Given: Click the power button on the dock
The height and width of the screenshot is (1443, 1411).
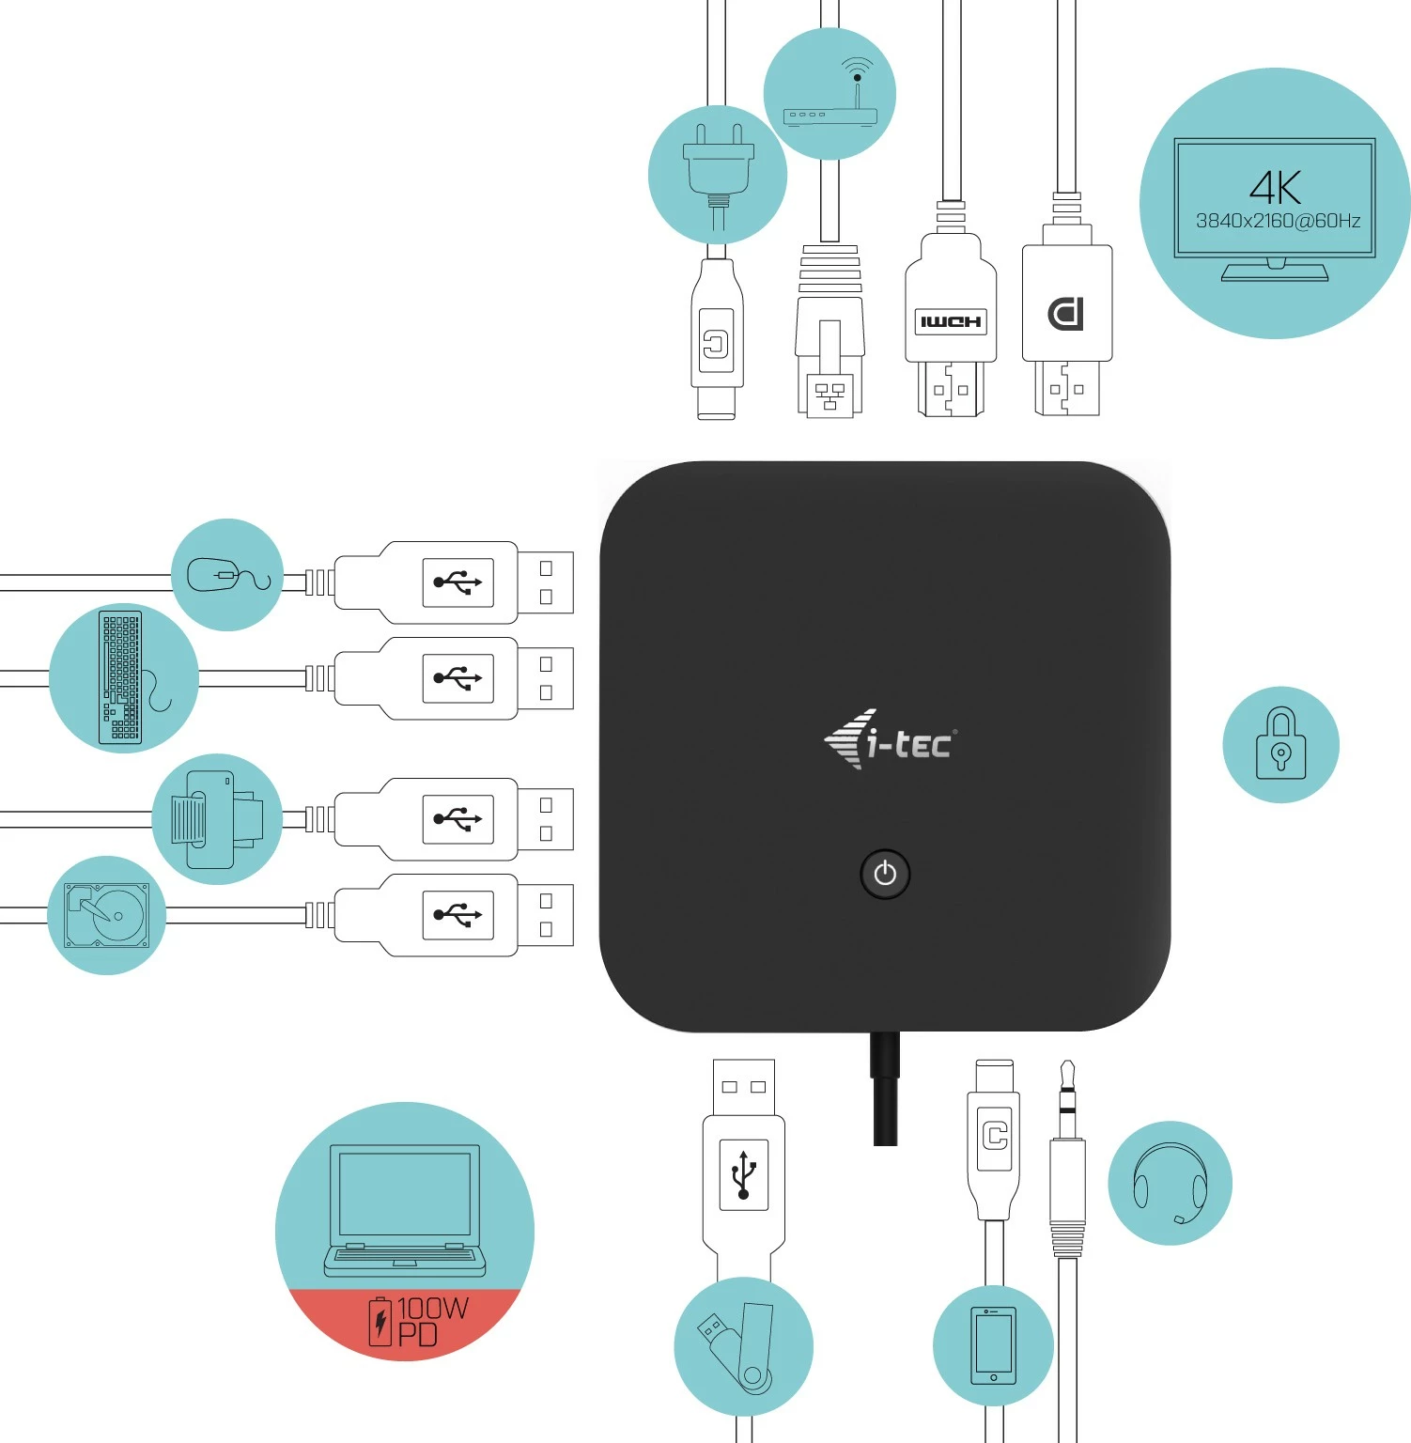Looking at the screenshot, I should pyautogui.click(x=885, y=875).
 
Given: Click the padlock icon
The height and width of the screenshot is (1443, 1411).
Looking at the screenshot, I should pyautogui.click(x=1280, y=744).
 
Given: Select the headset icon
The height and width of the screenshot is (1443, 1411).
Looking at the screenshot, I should pyautogui.click(x=1170, y=1184).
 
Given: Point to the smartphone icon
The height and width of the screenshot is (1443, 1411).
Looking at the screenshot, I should pyautogui.click(x=993, y=1344).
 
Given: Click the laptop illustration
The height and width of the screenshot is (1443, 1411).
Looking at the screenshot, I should pyautogui.click(x=405, y=1210).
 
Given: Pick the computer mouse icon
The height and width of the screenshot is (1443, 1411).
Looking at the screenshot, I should pyautogui.click(x=226, y=575).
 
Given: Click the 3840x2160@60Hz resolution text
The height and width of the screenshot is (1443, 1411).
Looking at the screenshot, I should pyautogui.click(x=1278, y=222).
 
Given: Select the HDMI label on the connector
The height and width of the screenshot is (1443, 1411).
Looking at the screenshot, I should pyautogui.click(x=951, y=322).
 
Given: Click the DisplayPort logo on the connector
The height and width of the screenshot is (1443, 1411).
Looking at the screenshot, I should pyautogui.click(x=1066, y=314).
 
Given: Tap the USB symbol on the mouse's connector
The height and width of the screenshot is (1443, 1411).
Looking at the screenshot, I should pyautogui.click(x=457, y=582).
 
